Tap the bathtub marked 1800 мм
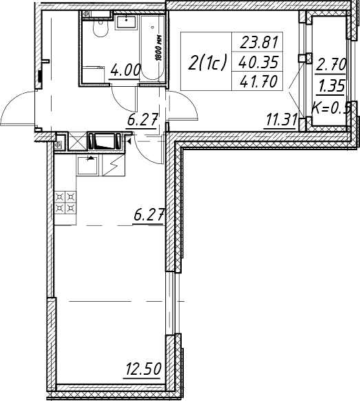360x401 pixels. [x=152, y=48]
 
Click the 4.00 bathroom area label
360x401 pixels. [x=125, y=70]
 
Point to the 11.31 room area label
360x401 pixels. [x=282, y=120]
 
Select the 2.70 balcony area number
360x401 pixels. [x=330, y=65]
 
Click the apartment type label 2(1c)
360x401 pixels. [x=207, y=63]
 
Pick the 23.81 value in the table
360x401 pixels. [x=259, y=42]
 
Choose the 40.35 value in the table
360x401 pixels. [x=258, y=62]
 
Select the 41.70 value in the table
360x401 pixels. [x=258, y=81]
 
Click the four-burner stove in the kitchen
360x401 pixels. [x=65, y=203]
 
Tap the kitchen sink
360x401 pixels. [x=87, y=165]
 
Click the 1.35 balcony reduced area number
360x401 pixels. [x=331, y=86]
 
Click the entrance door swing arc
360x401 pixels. [x=17, y=107]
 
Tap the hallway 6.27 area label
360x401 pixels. [x=142, y=120]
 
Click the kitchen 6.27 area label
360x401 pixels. [x=148, y=216]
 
